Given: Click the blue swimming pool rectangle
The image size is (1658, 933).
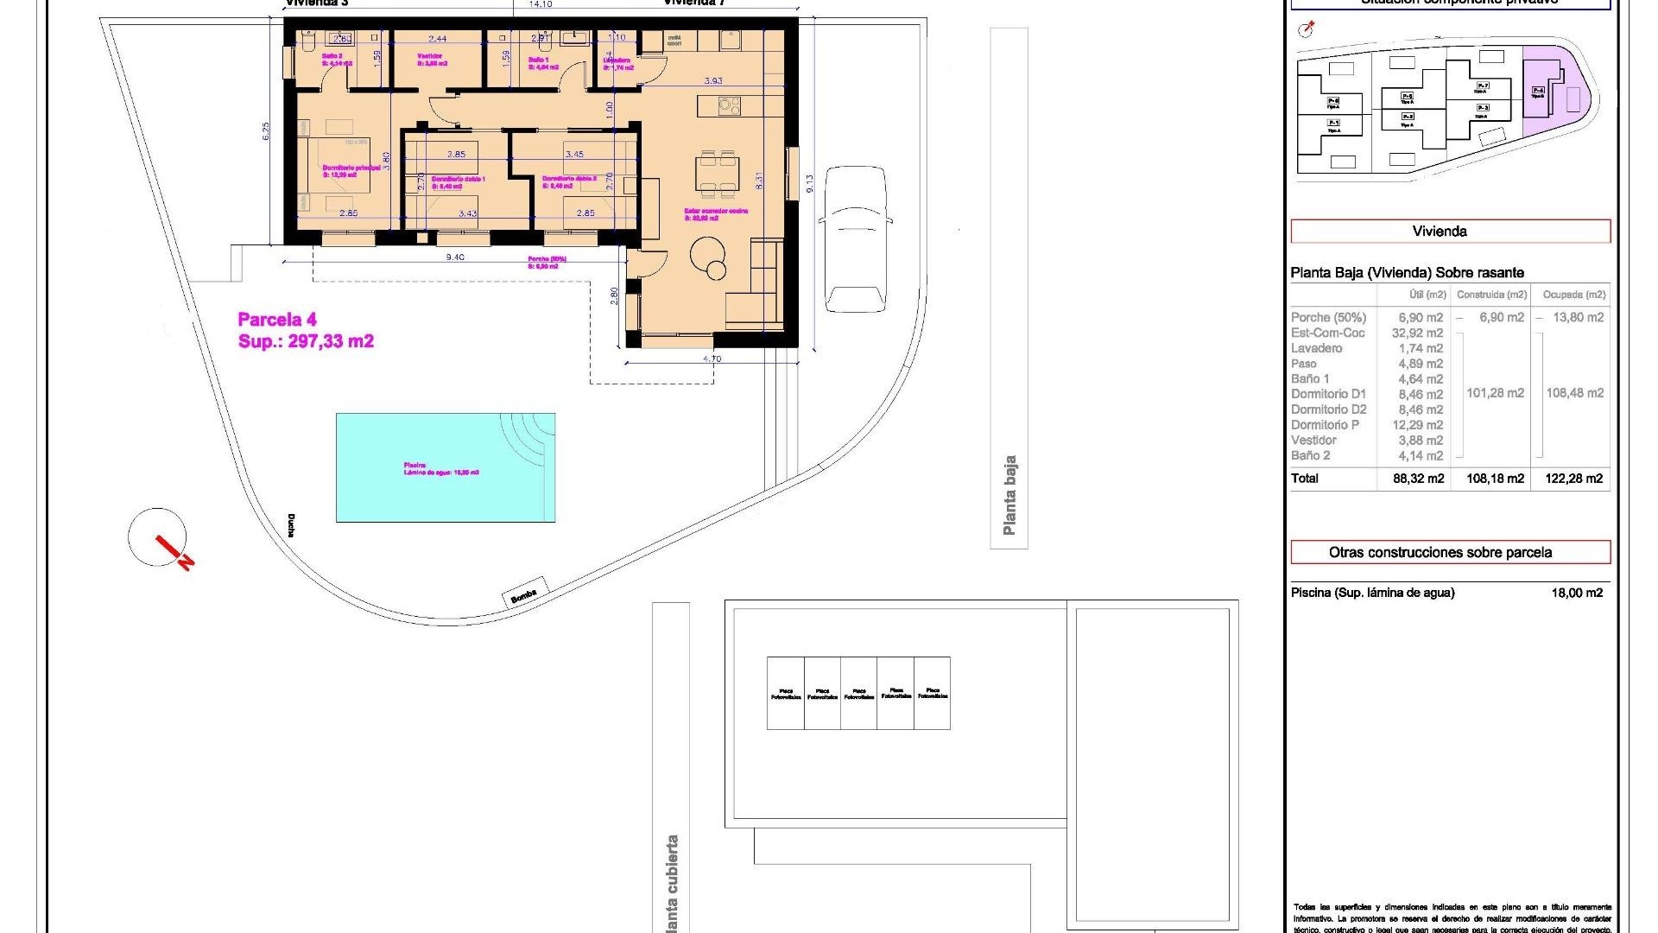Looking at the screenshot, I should [445, 467].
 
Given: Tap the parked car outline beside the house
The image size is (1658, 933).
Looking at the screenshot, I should [855, 239].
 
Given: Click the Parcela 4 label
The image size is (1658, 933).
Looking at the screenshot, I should [277, 320].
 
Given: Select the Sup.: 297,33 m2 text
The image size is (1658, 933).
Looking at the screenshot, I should [306, 341].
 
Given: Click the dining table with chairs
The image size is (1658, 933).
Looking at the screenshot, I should [718, 173].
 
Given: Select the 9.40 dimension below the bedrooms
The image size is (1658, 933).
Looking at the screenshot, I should [454, 257].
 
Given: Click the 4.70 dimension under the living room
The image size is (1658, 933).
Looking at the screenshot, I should [712, 359].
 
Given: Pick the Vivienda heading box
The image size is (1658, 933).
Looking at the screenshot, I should [1450, 232].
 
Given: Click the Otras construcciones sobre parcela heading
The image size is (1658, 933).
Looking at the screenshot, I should [1450, 552].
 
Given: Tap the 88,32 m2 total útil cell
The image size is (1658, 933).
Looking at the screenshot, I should [1418, 479].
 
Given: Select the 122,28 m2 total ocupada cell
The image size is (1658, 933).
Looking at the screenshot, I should [1573, 479].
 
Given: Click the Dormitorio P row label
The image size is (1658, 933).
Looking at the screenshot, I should [1325, 425].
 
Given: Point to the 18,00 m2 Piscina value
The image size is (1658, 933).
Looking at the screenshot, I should [1576, 593].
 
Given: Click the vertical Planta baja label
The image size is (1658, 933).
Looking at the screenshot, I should [1009, 495].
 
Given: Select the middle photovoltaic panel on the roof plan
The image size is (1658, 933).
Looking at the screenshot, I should [858, 693].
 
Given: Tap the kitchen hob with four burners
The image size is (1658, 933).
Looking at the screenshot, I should [729, 106].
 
